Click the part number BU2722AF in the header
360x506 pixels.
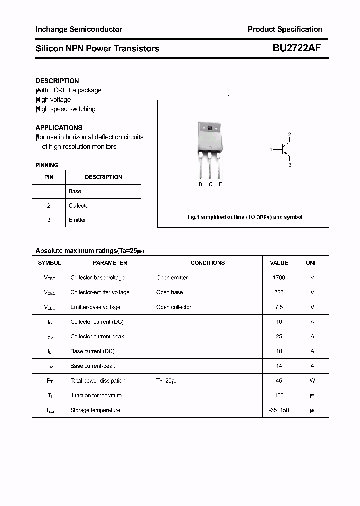[x=297, y=48]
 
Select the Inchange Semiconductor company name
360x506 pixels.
[x=79, y=29]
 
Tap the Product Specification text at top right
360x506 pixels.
[x=285, y=29]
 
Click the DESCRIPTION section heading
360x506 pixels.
[x=57, y=81]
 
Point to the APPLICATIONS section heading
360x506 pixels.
[x=59, y=128]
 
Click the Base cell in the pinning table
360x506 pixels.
[x=75, y=191]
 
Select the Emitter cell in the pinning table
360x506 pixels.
[x=77, y=220]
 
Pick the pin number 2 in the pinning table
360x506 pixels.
[x=49, y=206]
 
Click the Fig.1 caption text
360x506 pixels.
[x=245, y=217]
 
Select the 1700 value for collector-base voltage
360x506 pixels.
[x=279, y=277]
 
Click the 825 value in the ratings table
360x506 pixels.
[x=279, y=292]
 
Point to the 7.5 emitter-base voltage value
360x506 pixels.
[x=279, y=307]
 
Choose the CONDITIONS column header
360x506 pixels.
[x=208, y=263]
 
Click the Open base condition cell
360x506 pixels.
[x=170, y=292]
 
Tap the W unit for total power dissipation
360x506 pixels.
[x=312, y=381]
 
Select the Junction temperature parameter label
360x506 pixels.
[x=96, y=395]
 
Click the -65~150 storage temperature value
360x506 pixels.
[x=279, y=410]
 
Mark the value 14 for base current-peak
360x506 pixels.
[x=279, y=366]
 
